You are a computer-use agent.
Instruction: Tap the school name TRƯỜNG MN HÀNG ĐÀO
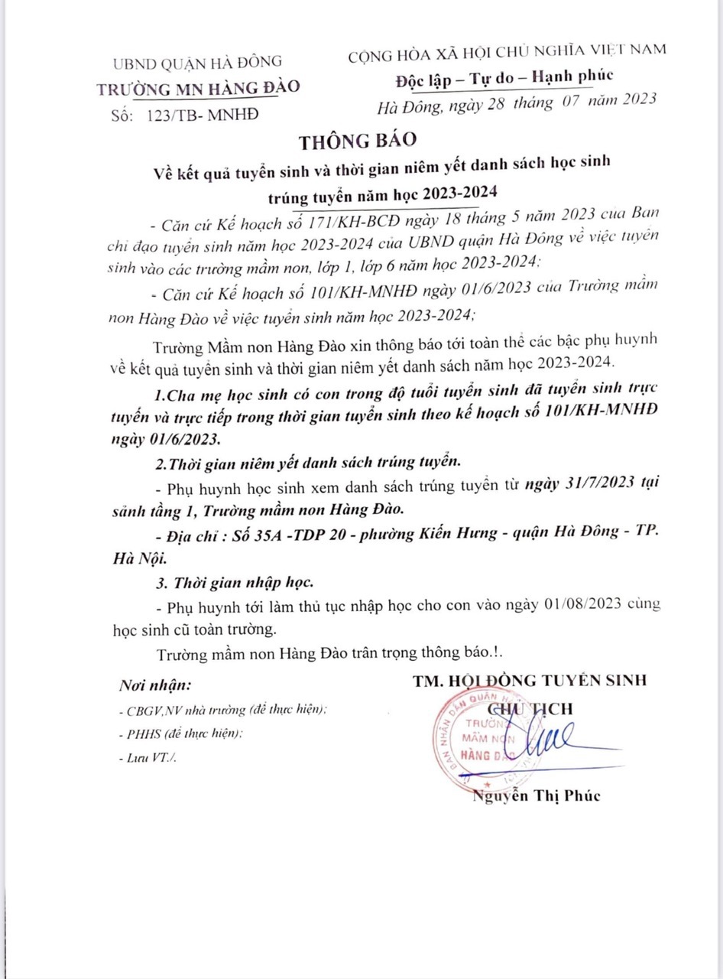point(199,87)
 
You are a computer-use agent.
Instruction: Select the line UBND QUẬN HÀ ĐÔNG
point(196,62)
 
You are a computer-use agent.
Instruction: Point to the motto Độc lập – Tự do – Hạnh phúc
point(504,78)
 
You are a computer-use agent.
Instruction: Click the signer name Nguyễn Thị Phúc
point(537,795)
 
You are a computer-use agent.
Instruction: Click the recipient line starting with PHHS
point(180,733)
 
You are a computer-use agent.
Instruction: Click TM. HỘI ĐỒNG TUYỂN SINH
point(529,681)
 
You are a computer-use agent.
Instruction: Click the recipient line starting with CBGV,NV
point(223,709)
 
